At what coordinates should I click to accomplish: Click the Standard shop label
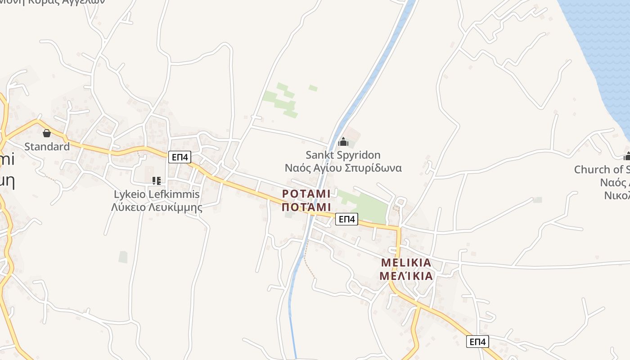click(47, 146)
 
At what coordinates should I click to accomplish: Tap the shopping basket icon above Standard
click(47, 133)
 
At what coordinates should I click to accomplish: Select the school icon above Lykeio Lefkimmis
click(156, 181)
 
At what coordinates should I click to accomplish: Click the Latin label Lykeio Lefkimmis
click(156, 194)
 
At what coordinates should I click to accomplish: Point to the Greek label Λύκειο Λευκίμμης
click(156, 207)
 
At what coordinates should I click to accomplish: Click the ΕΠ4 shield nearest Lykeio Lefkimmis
click(180, 157)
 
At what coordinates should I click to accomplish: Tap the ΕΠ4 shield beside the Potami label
click(346, 219)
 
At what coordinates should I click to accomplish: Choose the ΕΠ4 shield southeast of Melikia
click(477, 342)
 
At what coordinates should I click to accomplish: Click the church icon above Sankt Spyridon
click(343, 142)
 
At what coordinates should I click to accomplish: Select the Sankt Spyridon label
click(343, 155)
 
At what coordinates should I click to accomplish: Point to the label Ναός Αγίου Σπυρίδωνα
click(343, 168)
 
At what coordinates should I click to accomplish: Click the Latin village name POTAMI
click(306, 193)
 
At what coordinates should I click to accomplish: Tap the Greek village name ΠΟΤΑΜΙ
click(306, 207)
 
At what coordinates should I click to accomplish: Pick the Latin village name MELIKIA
click(406, 262)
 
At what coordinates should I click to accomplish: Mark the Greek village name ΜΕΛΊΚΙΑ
click(406, 276)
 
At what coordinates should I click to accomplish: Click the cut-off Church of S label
click(602, 169)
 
